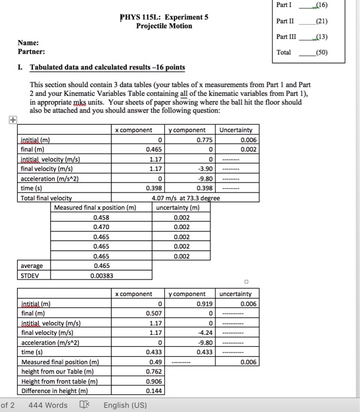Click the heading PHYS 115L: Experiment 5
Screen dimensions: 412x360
click(x=164, y=17)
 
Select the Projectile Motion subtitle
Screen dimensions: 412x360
click(x=164, y=26)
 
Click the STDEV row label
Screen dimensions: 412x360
click(x=31, y=275)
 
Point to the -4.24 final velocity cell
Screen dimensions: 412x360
click(x=200, y=333)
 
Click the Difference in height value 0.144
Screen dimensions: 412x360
click(x=154, y=390)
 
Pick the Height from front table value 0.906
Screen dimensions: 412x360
click(x=154, y=381)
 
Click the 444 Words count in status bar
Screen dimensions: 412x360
click(x=48, y=405)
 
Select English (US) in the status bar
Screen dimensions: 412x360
click(x=125, y=405)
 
